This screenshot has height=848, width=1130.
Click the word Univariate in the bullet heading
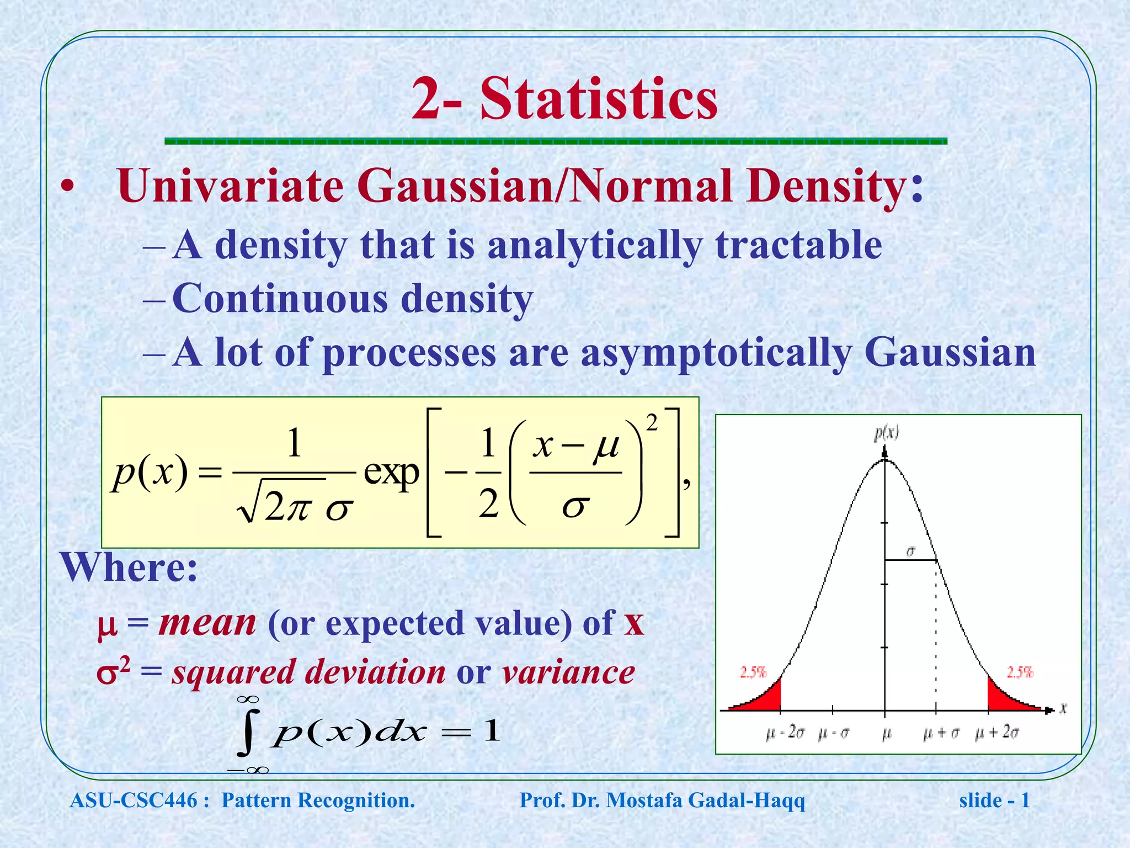pyautogui.click(x=231, y=186)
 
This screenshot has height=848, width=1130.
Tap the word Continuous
pyautogui.click(x=280, y=299)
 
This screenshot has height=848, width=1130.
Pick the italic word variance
pyautogui.click(x=568, y=672)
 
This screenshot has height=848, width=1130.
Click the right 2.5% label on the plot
pyautogui.click(x=1020, y=672)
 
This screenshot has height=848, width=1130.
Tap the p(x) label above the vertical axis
pyautogui.click(x=886, y=433)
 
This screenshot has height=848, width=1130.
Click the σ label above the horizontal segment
pyautogui.click(x=910, y=551)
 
